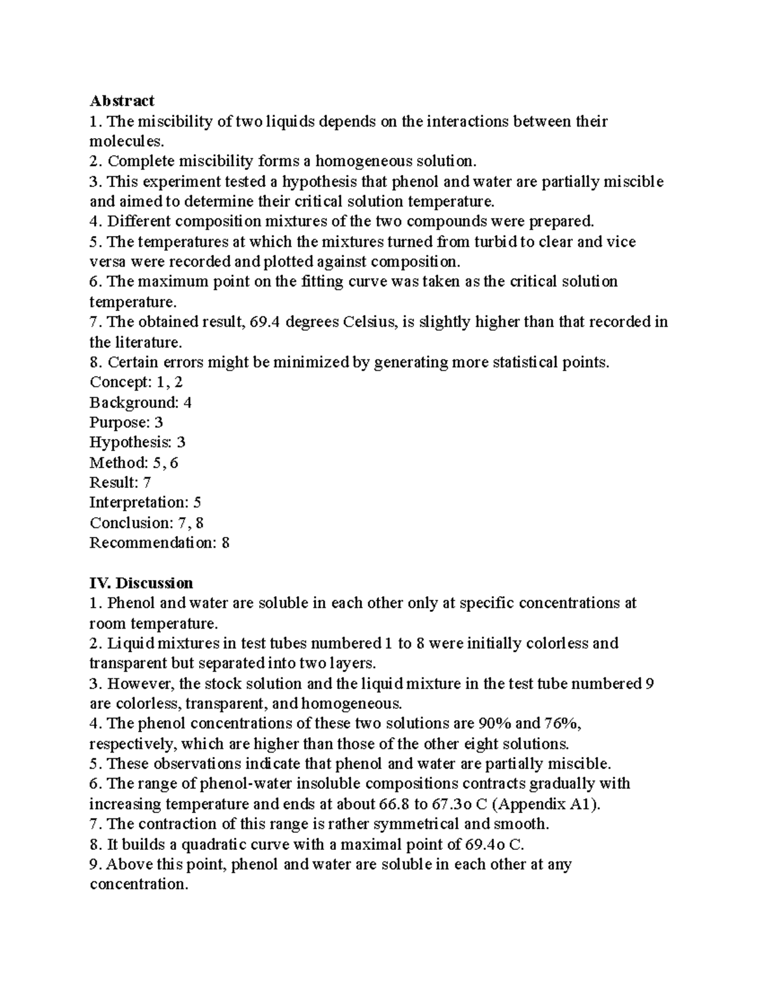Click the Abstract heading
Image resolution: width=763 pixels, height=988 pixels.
pyautogui.click(x=121, y=101)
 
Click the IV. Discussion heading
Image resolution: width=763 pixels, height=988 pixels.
pyautogui.click(x=141, y=583)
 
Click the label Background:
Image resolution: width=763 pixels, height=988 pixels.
pyautogui.click(x=134, y=403)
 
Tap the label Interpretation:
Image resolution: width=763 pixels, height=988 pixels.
pyautogui.click(x=139, y=503)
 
